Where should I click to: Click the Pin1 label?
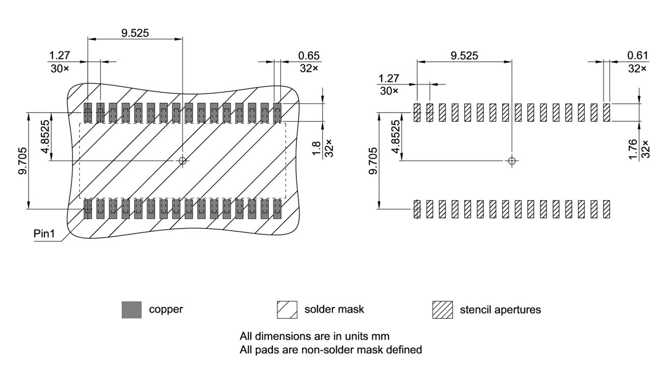(x=45, y=234)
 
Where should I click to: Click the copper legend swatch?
(x=132, y=309)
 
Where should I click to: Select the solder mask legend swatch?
(x=287, y=309)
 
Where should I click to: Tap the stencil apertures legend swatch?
(x=442, y=309)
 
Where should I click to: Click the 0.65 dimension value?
(x=309, y=55)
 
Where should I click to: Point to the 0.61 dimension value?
(x=637, y=55)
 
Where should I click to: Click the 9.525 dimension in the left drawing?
(x=135, y=33)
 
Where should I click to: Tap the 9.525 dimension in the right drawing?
(x=464, y=55)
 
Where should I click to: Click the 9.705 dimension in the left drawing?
(x=23, y=161)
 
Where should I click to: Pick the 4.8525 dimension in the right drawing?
(x=396, y=136)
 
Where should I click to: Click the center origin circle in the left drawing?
(x=182, y=161)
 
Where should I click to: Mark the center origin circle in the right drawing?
(x=512, y=161)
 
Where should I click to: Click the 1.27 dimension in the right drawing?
(x=389, y=78)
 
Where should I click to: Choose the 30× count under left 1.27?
(x=60, y=68)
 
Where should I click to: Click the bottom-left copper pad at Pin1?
(x=88, y=208)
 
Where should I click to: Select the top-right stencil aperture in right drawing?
(x=607, y=112)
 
